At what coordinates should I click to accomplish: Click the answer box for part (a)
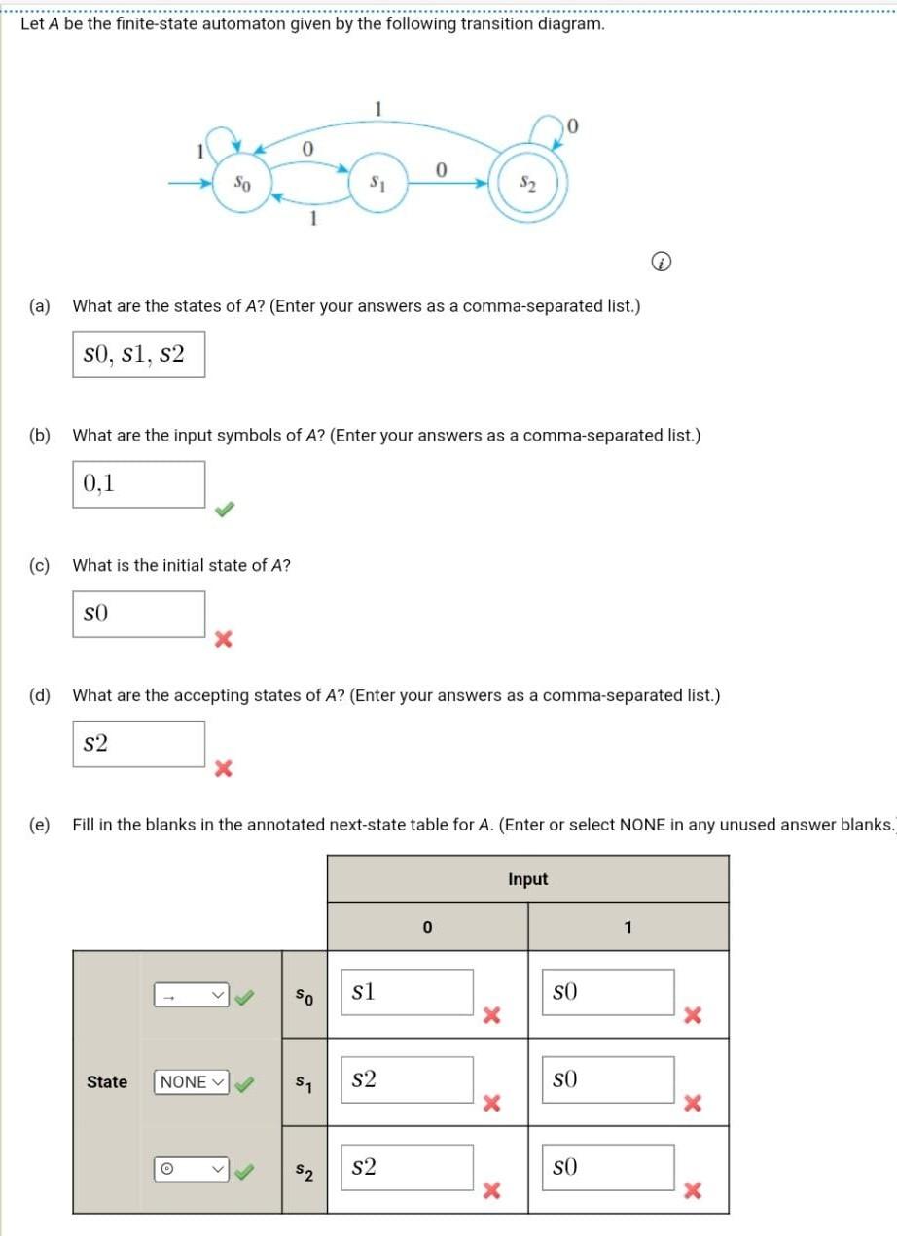[138, 355]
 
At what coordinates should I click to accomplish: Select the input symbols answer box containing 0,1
[138, 483]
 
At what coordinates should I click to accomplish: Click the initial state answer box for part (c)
[138, 614]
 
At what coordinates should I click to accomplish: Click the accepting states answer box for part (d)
[138, 744]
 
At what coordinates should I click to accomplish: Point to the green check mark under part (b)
[225, 509]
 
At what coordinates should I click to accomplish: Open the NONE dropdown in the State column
[192, 1081]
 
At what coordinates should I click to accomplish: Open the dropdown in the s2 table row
[192, 1168]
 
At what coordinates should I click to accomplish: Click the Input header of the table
[527, 879]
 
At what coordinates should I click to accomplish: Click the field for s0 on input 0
[406, 993]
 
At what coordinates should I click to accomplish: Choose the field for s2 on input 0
[406, 1168]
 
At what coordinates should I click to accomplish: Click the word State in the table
[107, 1081]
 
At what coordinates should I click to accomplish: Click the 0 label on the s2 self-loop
[573, 124]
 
